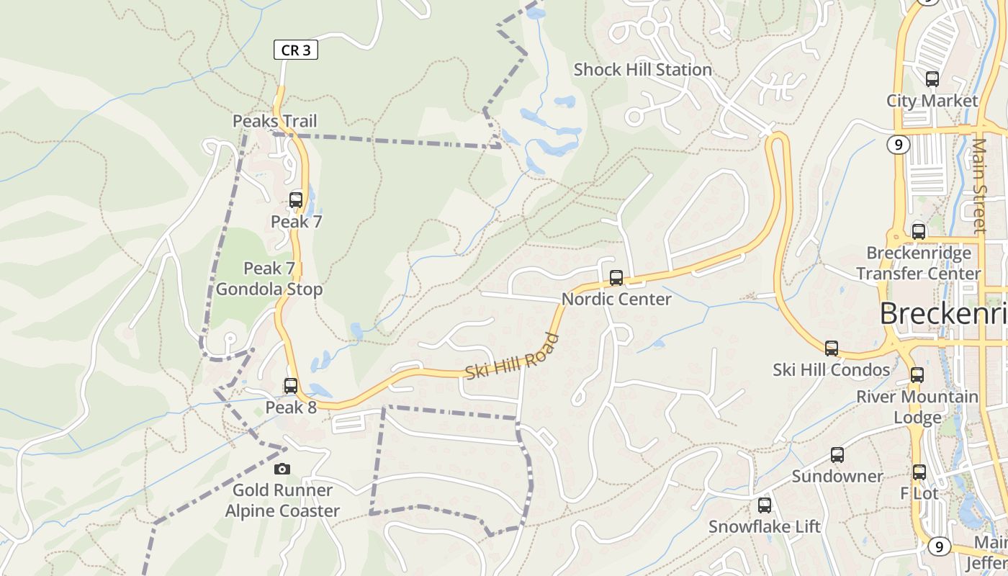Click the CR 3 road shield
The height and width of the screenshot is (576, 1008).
click(x=295, y=50)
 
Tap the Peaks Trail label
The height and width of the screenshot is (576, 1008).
click(x=274, y=121)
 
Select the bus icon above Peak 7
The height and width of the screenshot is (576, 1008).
click(x=296, y=200)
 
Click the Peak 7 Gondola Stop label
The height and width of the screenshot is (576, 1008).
click(x=269, y=279)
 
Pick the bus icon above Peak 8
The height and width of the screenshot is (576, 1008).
click(x=291, y=386)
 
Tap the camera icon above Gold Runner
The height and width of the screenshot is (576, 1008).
click(x=282, y=469)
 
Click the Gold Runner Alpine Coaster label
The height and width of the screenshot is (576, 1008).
click(x=282, y=500)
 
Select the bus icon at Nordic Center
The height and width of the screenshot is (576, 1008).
click(x=616, y=278)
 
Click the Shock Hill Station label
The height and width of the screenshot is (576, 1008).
click(x=642, y=70)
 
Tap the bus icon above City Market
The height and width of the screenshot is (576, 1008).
click(x=932, y=79)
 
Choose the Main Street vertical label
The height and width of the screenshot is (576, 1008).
click(x=979, y=185)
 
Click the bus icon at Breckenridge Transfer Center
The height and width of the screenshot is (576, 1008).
click(x=919, y=232)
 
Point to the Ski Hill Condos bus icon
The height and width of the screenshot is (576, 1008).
click(x=832, y=348)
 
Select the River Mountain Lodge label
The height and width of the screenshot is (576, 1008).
click(x=917, y=407)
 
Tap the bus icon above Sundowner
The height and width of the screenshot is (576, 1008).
click(x=837, y=455)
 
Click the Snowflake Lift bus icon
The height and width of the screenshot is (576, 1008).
click(x=765, y=505)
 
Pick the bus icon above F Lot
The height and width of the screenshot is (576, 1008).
click(x=919, y=472)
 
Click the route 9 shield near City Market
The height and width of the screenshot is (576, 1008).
click(x=896, y=145)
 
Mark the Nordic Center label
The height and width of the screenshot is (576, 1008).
click(x=616, y=299)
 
